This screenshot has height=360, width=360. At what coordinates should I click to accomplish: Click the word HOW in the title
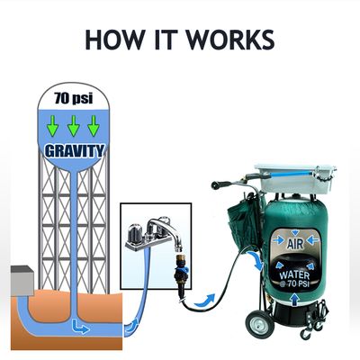tap(114, 40)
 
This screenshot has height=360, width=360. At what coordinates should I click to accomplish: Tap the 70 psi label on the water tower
tap(74, 98)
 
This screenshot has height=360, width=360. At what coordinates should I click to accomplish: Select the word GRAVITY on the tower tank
tap(75, 150)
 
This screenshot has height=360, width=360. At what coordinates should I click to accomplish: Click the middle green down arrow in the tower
tap(74, 126)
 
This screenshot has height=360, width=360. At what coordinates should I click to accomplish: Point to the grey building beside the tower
tap(22, 280)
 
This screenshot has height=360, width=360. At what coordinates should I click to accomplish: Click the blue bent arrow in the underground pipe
tap(80, 328)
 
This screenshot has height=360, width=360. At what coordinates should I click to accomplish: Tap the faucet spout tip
tap(178, 247)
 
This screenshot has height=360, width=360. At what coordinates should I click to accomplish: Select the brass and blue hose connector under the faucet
tap(181, 267)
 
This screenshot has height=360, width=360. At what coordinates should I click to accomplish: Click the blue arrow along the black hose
tap(205, 301)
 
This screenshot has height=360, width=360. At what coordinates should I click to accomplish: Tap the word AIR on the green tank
tap(295, 244)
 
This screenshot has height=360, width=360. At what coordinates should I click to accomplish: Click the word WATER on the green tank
tap(294, 274)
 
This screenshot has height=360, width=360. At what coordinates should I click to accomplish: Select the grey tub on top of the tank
tap(294, 179)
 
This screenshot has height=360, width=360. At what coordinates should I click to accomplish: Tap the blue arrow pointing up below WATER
tap(295, 299)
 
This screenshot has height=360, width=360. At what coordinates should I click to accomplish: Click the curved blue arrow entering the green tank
tap(256, 261)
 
